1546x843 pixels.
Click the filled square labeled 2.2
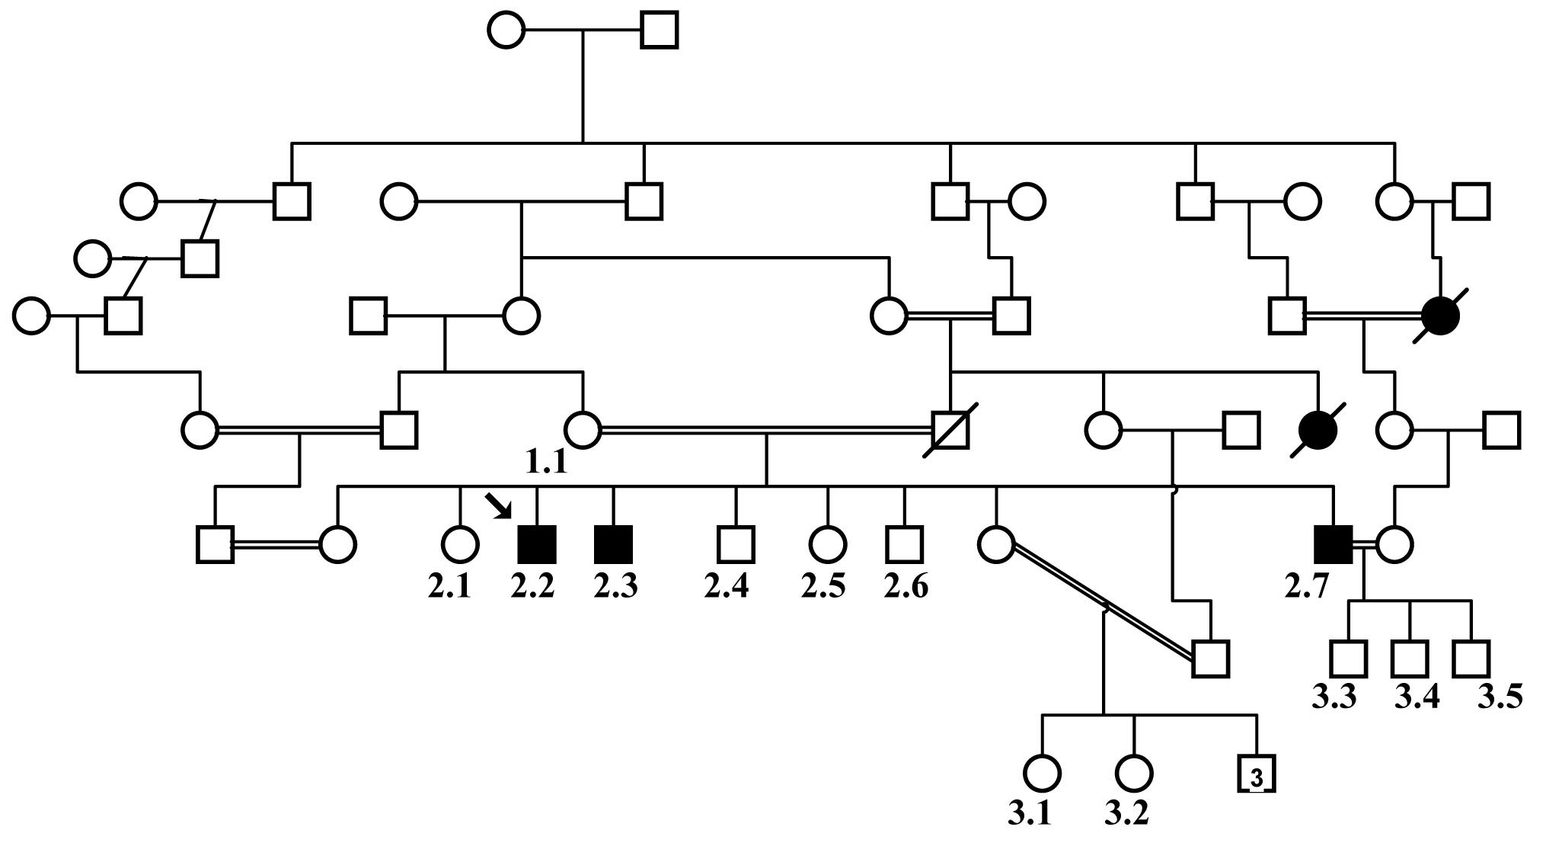coord(537,544)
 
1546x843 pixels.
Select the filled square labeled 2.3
coord(614,544)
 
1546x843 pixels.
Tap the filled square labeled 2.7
coord(1334,544)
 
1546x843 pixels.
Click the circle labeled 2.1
coord(460,544)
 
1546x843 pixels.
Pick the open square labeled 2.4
coord(736,544)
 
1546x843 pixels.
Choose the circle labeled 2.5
coord(828,544)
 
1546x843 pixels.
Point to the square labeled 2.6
coord(905,544)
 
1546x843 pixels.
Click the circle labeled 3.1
coord(1041,774)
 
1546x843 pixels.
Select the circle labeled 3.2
coord(1134,774)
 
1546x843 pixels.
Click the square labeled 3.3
coord(1348,659)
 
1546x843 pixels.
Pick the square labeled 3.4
coord(1410,659)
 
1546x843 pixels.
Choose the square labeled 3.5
coord(1471,659)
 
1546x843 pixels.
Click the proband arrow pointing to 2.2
coord(499,505)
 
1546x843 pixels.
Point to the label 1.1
coord(546,462)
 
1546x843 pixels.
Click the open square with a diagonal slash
coord(950,429)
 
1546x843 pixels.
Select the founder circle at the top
coord(506,30)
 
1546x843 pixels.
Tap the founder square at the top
coord(660,30)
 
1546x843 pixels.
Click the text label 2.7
coord(1307,586)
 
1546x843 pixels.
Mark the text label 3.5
coord(1500,697)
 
